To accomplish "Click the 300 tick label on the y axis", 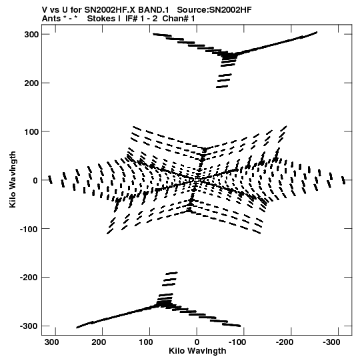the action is pos(31,35).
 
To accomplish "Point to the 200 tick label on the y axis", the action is pos(31,83).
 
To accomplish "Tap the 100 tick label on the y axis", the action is pos(31,131).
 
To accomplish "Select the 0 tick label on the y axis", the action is pos(35,180).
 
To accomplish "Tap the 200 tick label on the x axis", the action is pos(100,342).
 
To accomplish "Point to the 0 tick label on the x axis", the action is pos(197,342).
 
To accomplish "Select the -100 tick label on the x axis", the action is pos(237,342).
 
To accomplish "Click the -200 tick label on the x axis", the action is pos(285,342).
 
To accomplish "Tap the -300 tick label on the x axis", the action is pos(331,342).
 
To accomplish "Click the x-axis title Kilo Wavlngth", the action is pos(197,351).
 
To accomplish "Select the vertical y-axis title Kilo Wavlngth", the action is pos(13,179).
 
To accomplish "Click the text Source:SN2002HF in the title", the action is pos(215,10).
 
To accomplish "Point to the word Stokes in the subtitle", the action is pos(104,19).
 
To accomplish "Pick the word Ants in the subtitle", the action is pos(51,19).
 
